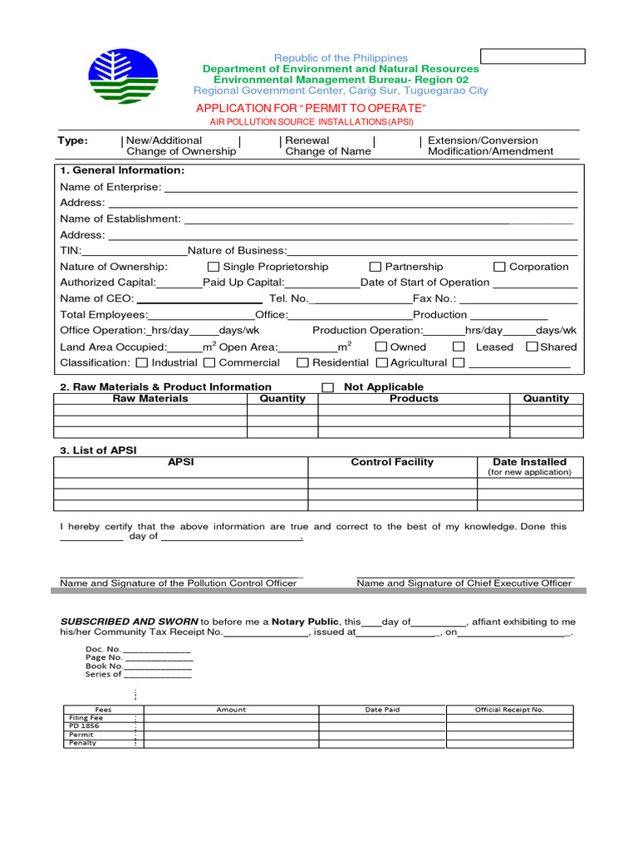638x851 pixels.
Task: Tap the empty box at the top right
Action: (x=532, y=57)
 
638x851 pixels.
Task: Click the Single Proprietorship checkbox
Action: (x=213, y=267)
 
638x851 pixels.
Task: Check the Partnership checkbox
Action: (x=375, y=267)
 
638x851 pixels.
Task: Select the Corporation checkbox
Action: (x=499, y=267)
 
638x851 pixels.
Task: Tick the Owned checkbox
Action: (x=381, y=347)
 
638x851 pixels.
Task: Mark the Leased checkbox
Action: (x=459, y=347)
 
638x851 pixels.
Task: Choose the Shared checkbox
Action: (x=532, y=347)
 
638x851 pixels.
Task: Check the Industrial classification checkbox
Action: (x=142, y=362)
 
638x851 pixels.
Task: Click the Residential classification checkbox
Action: (x=303, y=362)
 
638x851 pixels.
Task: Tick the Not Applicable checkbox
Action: (x=327, y=387)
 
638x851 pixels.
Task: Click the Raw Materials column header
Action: (x=150, y=399)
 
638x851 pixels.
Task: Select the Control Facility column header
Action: (x=392, y=462)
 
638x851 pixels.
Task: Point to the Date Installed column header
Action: (x=529, y=462)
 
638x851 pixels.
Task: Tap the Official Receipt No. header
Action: (x=509, y=710)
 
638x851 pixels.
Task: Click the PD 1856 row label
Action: (x=84, y=726)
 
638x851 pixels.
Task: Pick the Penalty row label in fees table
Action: (x=83, y=743)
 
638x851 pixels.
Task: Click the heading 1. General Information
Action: (x=122, y=170)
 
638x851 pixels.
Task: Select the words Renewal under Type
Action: (x=307, y=140)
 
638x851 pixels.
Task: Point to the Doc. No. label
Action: (x=103, y=648)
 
